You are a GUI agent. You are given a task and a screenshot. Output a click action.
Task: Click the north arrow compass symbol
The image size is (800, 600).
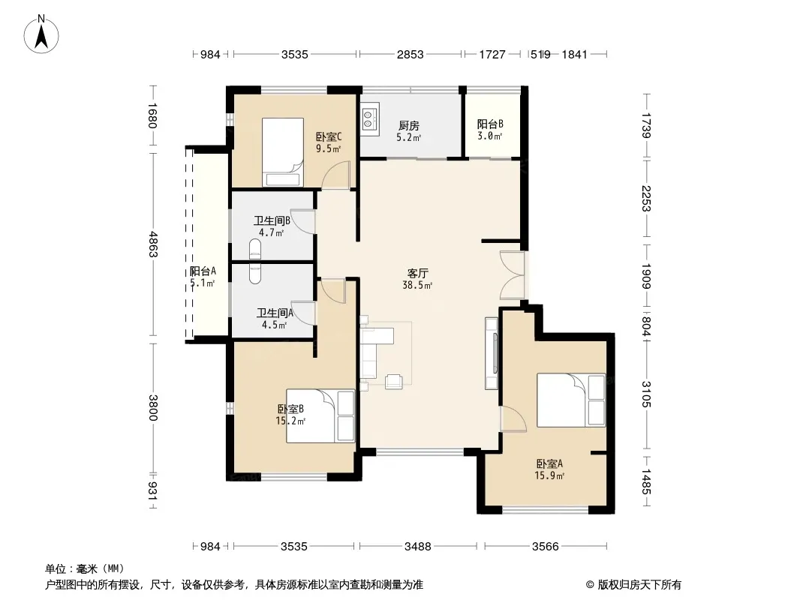pos(41,34)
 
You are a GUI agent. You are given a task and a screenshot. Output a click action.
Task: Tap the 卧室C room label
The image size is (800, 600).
pos(329,136)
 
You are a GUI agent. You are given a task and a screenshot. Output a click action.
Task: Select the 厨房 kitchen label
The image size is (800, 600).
pos(409,125)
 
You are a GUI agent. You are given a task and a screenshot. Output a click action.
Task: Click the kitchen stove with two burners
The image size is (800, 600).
pos(369,119)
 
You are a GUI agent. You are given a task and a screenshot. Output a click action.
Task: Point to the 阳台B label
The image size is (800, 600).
pos(490,124)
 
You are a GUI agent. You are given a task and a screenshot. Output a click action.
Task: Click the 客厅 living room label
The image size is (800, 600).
pos(417,273)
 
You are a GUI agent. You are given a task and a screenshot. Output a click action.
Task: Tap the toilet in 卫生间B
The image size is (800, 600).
pos(254,249)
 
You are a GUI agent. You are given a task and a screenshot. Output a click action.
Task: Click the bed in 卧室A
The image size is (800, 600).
pos(571,400)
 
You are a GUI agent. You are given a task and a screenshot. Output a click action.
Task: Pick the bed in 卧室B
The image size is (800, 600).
pos(320,416)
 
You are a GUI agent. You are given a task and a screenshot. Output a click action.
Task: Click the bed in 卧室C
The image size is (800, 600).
pos(283,152)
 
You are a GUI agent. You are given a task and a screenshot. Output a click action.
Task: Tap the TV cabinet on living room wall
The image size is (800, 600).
pos(492,353)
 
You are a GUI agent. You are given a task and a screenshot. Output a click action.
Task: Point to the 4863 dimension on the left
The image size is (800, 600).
pos(152,244)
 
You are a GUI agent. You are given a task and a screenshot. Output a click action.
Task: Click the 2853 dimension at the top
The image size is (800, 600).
pos(411,54)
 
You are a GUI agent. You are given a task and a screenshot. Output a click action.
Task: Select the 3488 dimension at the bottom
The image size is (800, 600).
pos(418,547)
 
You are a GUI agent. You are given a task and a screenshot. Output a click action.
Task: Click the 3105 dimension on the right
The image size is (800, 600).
pos(646,394)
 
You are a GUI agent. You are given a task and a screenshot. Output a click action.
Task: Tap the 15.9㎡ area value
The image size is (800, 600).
pos(549,475)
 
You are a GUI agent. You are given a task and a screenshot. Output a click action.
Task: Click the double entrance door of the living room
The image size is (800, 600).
pos(513,275)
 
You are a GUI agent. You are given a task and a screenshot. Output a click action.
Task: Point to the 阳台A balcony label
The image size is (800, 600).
pos(203,271)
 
